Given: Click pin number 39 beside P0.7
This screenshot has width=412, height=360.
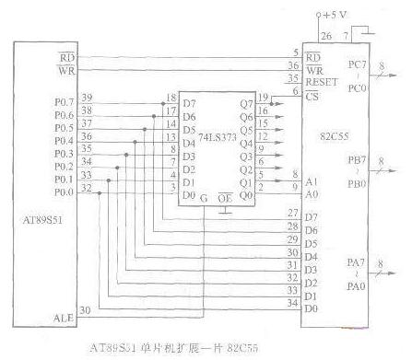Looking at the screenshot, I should [x=87, y=96].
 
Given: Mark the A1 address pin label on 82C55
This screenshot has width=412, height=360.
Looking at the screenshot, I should [x=312, y=182].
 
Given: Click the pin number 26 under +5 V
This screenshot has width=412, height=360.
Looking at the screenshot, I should [x=324, y=36].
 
